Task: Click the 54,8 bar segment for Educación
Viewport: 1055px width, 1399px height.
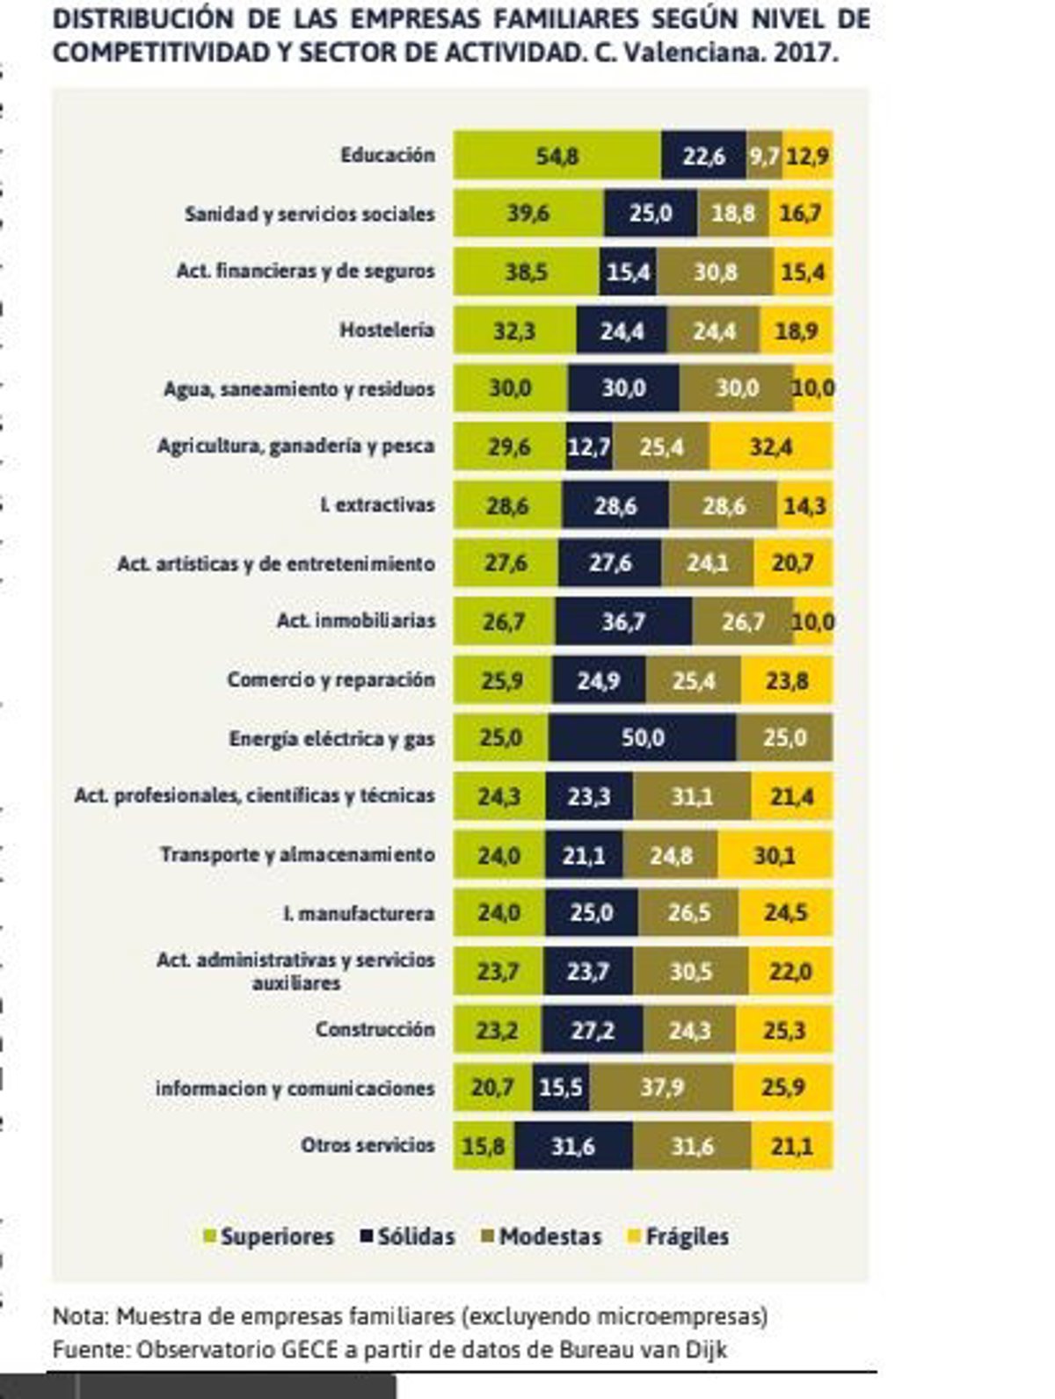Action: click(x=557, y=156)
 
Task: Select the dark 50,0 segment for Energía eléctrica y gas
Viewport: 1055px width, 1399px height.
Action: click(x=643, y=737)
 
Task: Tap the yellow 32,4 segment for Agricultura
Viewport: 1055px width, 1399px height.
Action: click(x=771, y=446)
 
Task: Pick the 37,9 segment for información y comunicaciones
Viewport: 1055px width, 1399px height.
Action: click(x=661, y=1088)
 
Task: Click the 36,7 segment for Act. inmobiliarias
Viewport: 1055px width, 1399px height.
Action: click(x=623, y=621)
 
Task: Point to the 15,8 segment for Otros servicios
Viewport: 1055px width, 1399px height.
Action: click(x=484, y=1146)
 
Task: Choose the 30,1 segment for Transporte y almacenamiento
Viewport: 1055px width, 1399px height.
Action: click(x=775, y=854)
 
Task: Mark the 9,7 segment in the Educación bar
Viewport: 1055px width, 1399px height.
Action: click(x=765, y=156)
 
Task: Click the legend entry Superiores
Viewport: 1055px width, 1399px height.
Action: click(x=276, y=1236)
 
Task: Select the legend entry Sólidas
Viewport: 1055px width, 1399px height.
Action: click(x=416, y=1236)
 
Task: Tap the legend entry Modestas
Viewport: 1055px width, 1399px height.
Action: click(x=549, y=1236)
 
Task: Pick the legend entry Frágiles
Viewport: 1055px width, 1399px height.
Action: click(x=687, y=1236)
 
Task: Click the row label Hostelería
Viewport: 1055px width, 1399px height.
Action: click(x=387, y=330)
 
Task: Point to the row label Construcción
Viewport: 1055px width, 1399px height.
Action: click(x=375, y=1029)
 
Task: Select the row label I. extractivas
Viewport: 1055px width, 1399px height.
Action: click(x=377, y=505)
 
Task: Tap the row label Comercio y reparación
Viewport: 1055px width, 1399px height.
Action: click(x=331, y=679)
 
